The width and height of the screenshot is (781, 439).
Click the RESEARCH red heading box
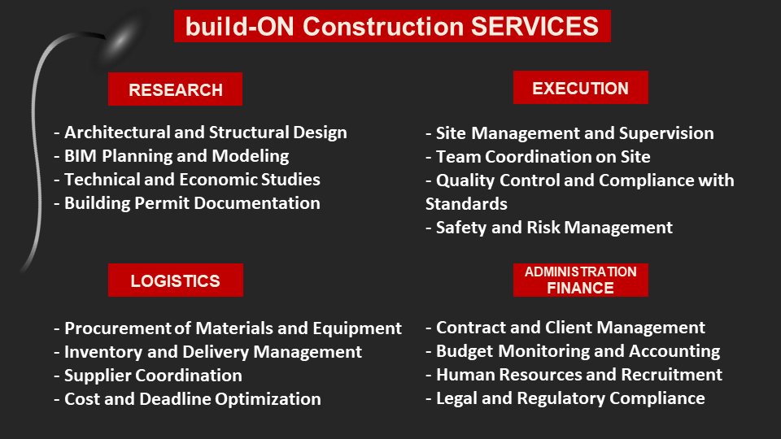point(176,89)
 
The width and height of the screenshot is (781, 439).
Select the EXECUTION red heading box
point(581,88)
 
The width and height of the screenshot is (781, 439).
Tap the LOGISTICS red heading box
point(176,280)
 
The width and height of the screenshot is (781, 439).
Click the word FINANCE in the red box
point(580,288)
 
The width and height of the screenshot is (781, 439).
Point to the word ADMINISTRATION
point(581,272)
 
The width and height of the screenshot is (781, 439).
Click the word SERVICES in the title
point(535,26)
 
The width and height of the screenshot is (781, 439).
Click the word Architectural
point(117,133)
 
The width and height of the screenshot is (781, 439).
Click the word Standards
point(467,204)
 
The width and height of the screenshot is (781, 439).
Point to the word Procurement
point(117,328)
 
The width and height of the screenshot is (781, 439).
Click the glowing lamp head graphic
point(120,40)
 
